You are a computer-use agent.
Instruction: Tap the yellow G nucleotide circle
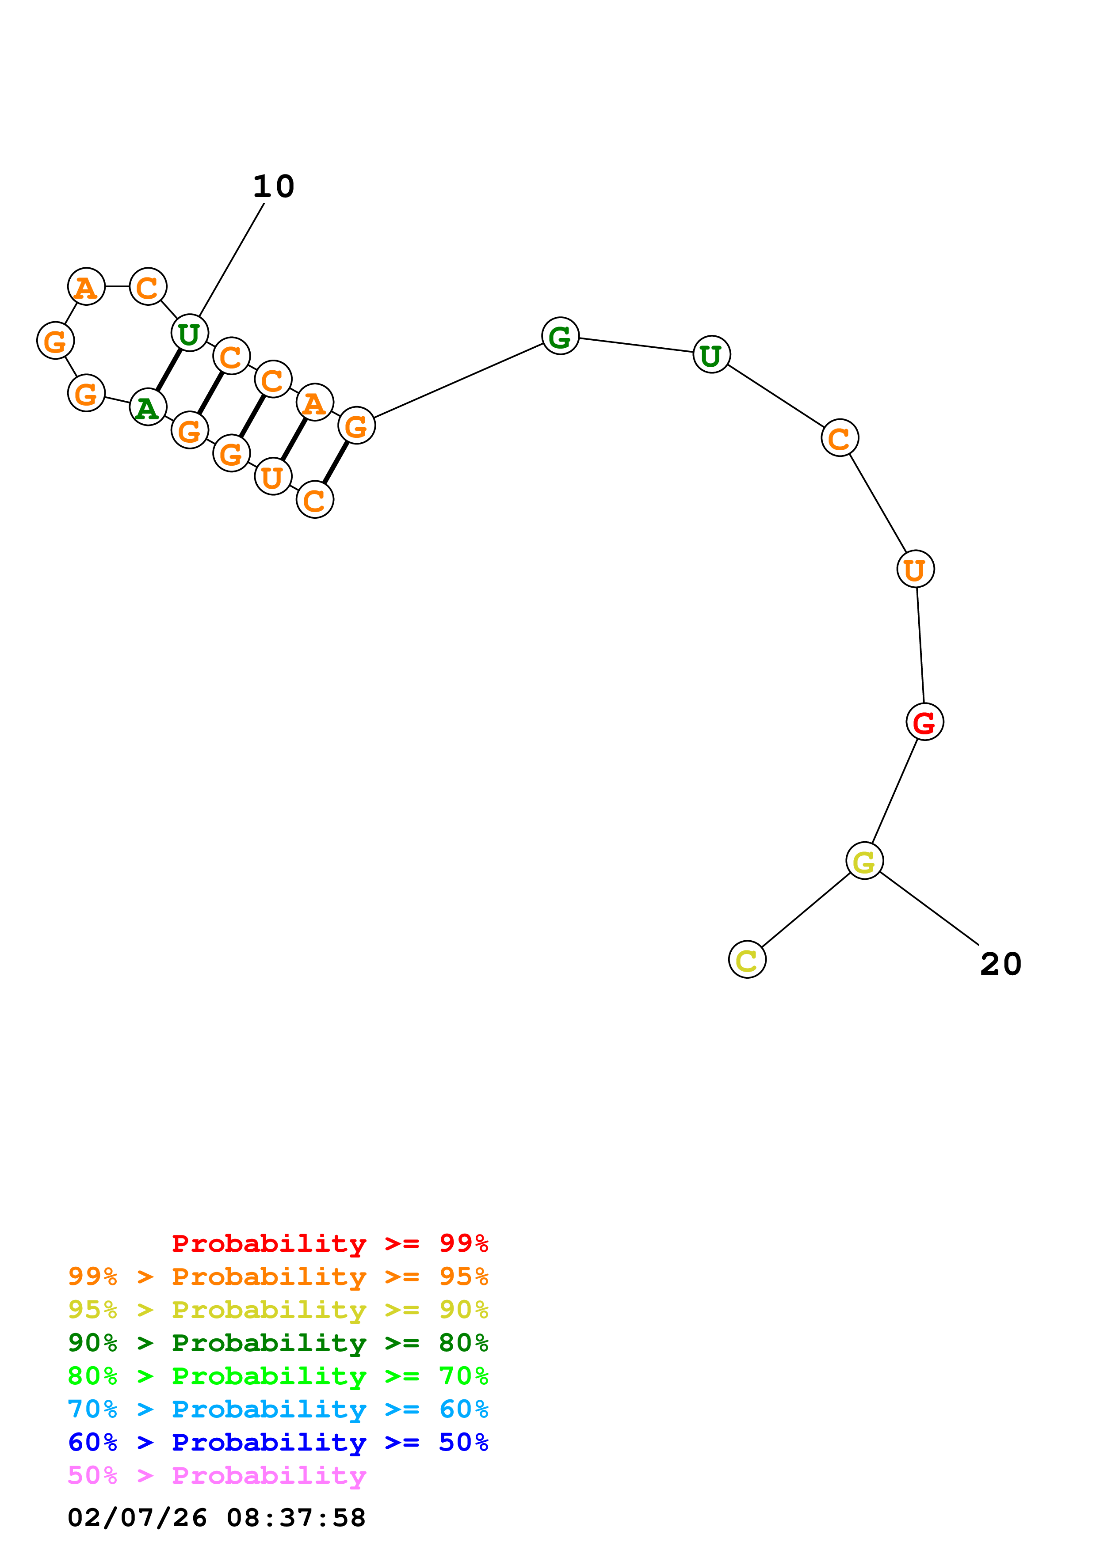(864, 861)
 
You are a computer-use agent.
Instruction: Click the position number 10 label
(274, 186)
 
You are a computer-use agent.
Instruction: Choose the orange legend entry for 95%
(278, 1276)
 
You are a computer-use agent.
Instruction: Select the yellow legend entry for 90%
(278, 1310)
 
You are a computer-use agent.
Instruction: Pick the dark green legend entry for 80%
(278, 1343)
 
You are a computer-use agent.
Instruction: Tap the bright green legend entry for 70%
(278, 1376)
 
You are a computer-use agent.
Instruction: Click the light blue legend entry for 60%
(278, 1409)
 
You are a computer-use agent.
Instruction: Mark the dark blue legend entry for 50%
(278, 1442)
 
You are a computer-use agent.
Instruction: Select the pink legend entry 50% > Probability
(217, 1475)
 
